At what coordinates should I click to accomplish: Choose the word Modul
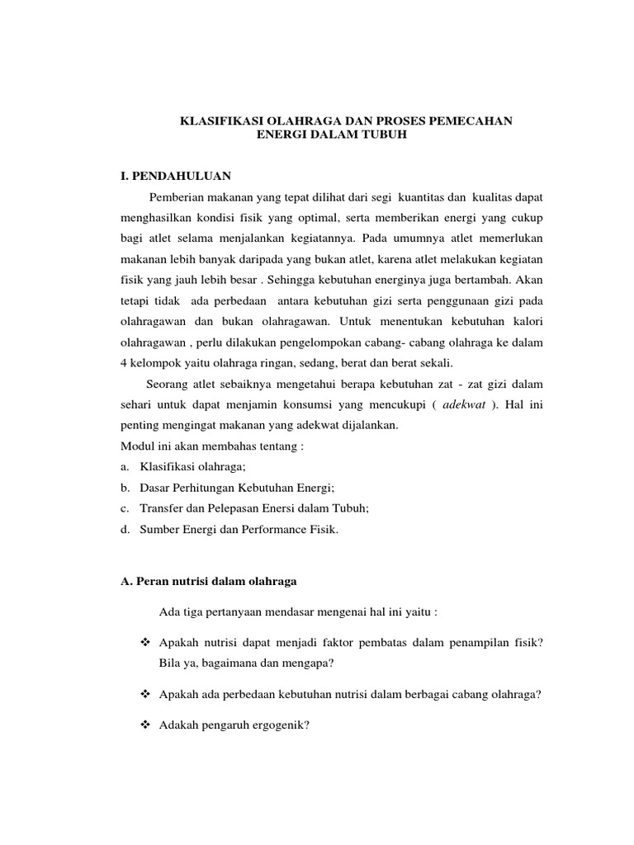[137, 446]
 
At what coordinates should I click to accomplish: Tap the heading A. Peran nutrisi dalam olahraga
[209, 582]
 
